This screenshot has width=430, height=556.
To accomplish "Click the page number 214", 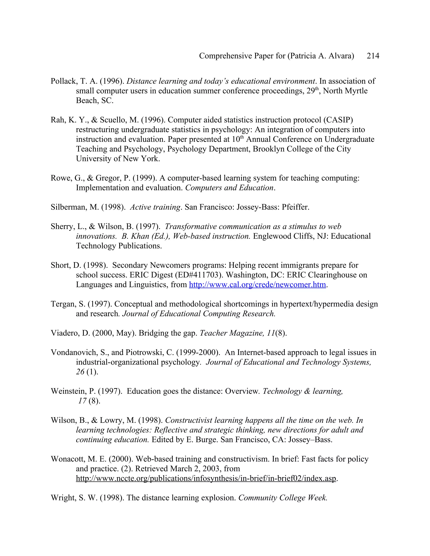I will pos(373,56).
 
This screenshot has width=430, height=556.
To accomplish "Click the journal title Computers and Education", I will pos(229,188).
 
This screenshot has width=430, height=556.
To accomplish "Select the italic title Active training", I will pos(155,207).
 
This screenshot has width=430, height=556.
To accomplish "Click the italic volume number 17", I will pos(82,401).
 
